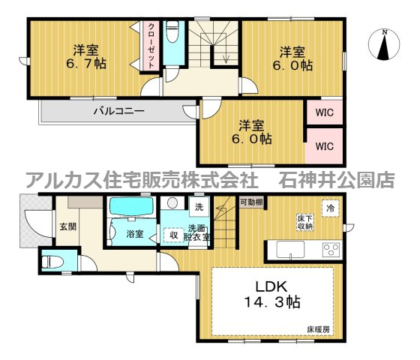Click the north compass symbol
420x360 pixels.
coord(384,44)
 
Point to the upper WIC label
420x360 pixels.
coord(324,114)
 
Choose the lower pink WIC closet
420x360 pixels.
coord(324,146)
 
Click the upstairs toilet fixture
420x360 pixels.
coord(172,34)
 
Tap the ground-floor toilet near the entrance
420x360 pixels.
coord(52,261)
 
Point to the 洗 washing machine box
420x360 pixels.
coord(199,206)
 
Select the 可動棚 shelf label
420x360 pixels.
coord(251,202)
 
